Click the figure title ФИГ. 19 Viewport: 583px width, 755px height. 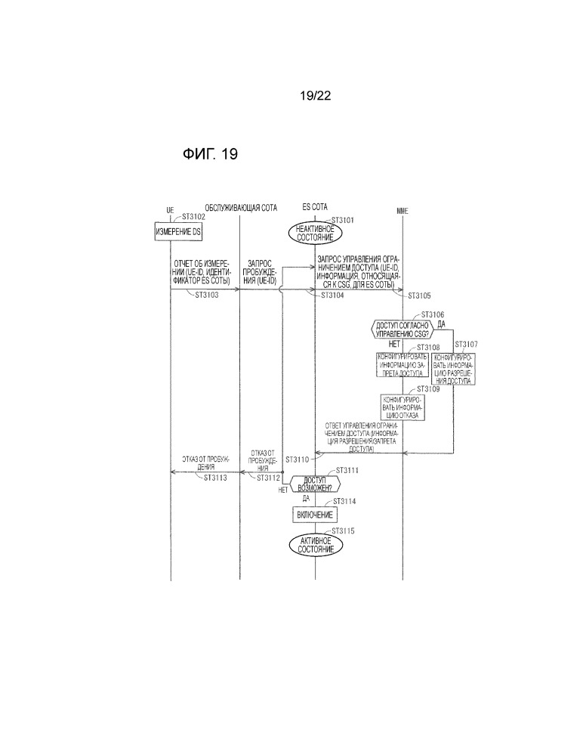210,155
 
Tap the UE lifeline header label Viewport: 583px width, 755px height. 170,209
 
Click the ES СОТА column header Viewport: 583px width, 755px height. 315,207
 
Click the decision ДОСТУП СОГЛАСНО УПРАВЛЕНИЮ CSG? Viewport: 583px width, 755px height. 399,328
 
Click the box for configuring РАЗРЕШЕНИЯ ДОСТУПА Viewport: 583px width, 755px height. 453,368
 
